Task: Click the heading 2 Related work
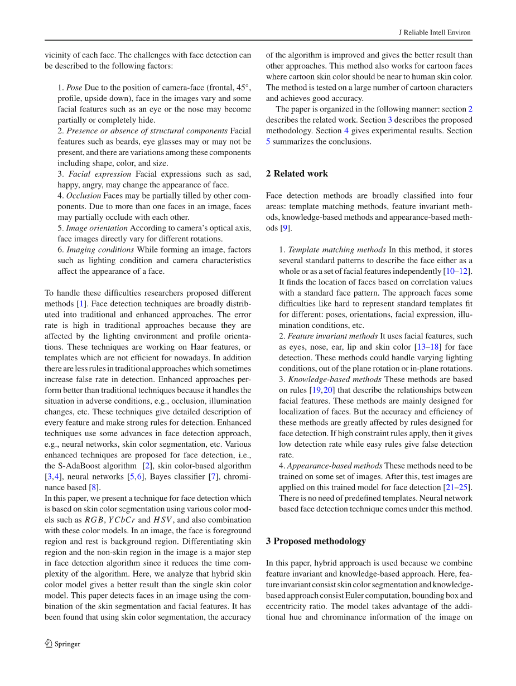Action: (297, 173)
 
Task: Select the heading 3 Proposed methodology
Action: (316, 541)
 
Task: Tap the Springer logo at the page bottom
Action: (62, 644)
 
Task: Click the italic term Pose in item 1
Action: (74, 88)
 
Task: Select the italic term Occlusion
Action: (84, 196)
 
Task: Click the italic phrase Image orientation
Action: (97, 228)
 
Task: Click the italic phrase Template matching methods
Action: (337, 250)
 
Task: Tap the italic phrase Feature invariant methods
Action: (332, 336)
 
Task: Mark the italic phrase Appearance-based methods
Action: (335, 466)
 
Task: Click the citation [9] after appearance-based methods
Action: (285, 228)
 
